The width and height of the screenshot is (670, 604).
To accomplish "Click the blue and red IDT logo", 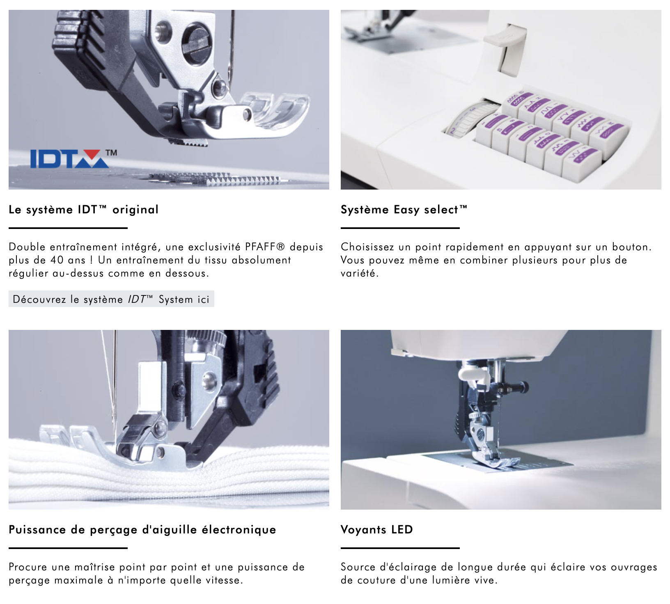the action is click(70, 159).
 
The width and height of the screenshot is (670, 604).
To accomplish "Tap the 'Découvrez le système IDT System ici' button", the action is click(111, 299).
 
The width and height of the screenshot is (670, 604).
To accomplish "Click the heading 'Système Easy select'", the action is click(404, 210).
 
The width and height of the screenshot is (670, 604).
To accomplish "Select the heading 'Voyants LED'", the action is click(376, 530).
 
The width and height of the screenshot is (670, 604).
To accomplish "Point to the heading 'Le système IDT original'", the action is click(84, 210).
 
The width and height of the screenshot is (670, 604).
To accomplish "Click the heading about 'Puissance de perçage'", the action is click(142, 530).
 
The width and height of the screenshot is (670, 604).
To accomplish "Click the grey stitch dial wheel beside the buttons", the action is click(471, 119).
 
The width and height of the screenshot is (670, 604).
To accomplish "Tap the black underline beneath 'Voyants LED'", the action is click(400, 548).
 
